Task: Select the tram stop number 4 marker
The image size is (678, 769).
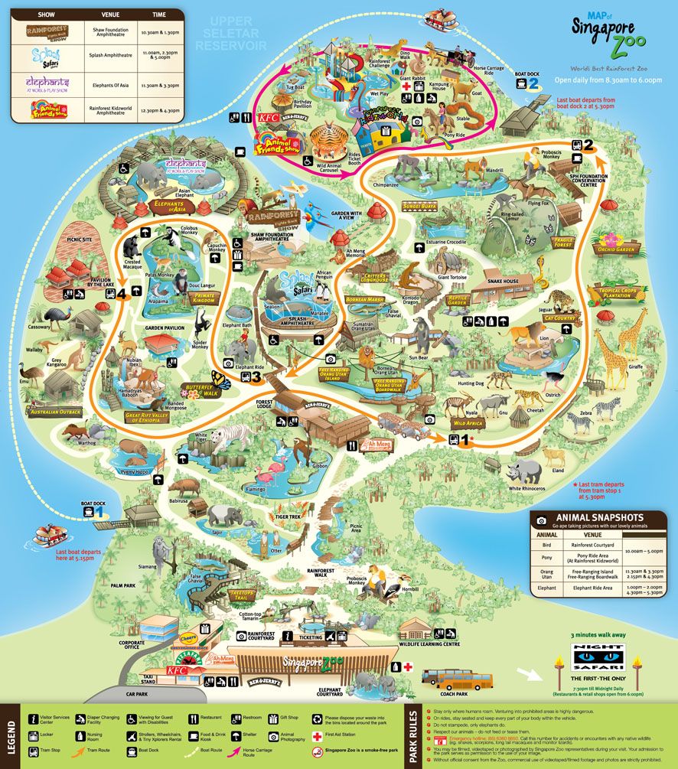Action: click(121, 290)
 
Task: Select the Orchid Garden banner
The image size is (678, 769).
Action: click(615, 249)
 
